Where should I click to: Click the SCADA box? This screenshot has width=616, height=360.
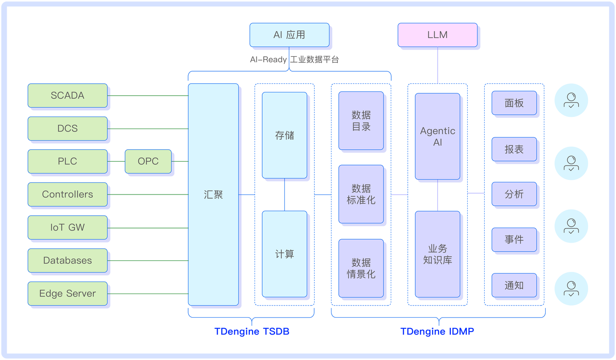[67, 95]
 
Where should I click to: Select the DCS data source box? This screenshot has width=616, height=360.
[67, 129]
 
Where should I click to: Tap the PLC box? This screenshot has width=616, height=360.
[67, 161]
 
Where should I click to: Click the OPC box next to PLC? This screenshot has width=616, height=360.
[148, 161]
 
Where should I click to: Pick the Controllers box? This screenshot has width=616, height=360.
[67, 194]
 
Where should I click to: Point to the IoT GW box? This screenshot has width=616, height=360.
[67, 228]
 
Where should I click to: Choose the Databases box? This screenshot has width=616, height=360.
[67, 260]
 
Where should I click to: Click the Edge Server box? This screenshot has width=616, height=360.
[67, 294]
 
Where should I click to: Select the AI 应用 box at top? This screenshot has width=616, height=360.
[289, 35]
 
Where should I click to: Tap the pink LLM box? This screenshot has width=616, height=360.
[437, 35]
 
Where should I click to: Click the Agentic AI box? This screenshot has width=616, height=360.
[437, 136]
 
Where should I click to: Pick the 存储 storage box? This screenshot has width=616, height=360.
[284, 135]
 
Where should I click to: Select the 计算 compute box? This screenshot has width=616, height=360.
[284, 254]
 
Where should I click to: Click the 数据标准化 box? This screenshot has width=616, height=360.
[361, 194]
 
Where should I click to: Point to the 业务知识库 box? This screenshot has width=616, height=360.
[437, 254]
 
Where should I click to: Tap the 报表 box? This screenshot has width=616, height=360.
[514, 149]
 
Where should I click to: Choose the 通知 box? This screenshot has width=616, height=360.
[514, 285]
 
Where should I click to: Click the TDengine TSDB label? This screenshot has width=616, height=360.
[252, 332]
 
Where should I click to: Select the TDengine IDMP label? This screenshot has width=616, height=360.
[437, 332]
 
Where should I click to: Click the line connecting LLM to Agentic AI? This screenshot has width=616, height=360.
[437, 65]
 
